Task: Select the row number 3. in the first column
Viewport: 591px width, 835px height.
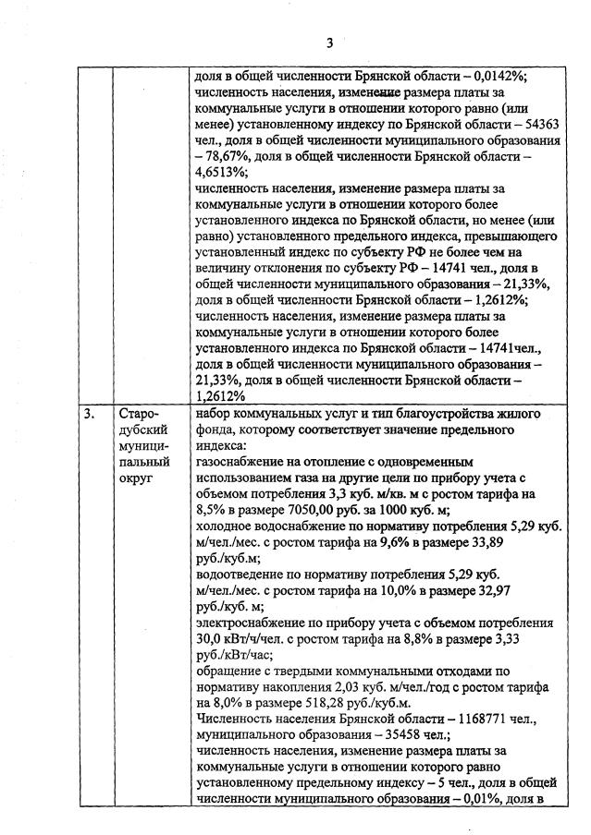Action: click(90, 414)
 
